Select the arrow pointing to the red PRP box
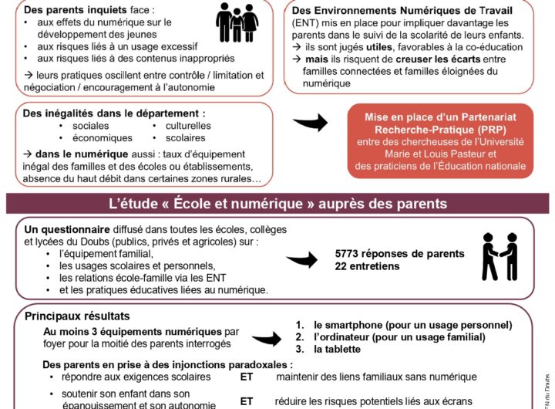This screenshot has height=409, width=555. [x=311, y=122]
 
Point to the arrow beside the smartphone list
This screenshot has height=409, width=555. [x=267, y=338]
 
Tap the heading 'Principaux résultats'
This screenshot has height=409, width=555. [x=77, y=316]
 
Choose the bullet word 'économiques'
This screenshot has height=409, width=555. [x=103, y=138]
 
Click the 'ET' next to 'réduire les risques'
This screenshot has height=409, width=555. [x=247, y=401]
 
